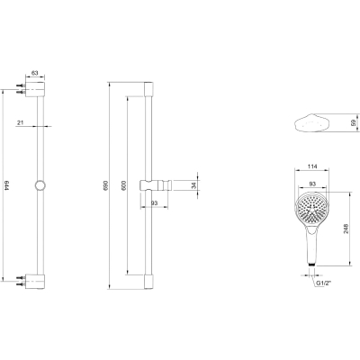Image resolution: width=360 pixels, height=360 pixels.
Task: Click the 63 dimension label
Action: [35, 73]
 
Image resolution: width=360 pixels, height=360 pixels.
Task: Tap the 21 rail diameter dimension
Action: [21, 122]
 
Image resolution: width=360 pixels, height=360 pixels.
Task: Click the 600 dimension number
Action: [124, 185]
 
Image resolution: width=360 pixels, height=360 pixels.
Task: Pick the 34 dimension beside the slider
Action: [193, 185]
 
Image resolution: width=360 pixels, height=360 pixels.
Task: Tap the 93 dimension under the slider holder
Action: [154, 203]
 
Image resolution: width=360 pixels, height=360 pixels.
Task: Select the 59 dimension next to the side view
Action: [353, 122]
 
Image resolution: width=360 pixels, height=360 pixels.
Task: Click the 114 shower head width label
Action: [312, 166]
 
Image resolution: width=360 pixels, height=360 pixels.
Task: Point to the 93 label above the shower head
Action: [312, 183]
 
